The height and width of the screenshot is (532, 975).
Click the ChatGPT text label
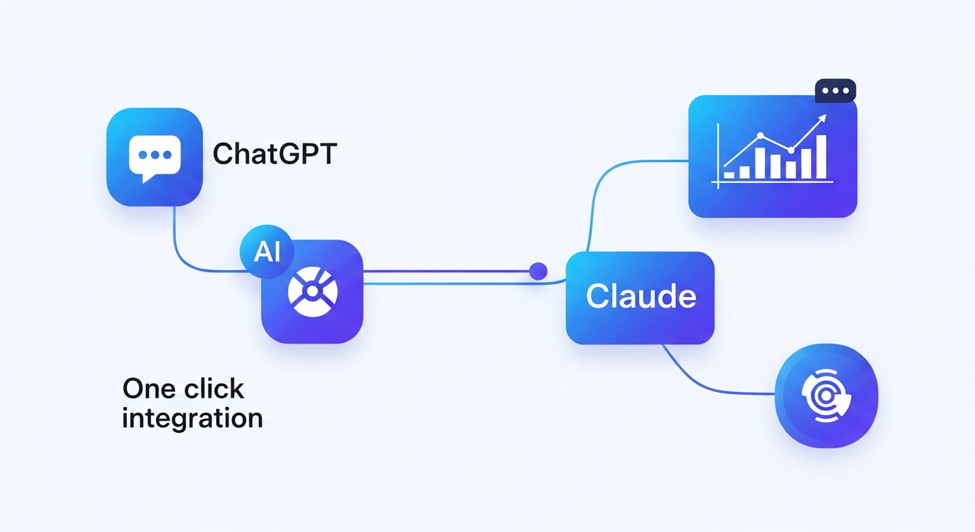274,154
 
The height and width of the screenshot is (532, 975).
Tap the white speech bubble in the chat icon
154,157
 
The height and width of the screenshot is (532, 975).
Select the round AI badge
267,252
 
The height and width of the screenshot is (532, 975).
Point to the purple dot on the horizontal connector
538,271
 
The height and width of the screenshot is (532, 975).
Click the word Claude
641,297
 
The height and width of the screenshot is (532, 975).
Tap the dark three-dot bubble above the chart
835,91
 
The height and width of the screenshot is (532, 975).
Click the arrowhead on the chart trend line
822,118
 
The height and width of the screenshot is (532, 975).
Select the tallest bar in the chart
821,157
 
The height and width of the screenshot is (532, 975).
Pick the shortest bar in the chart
729,175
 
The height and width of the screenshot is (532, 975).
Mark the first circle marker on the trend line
760,136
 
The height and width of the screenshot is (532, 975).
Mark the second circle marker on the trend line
789,150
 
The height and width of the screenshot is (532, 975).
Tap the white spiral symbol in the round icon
825,396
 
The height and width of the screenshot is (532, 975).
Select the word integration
192,418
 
